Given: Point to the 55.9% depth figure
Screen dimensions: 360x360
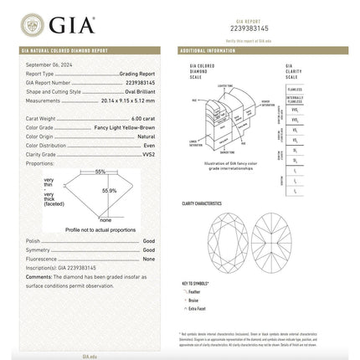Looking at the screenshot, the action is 109,190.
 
